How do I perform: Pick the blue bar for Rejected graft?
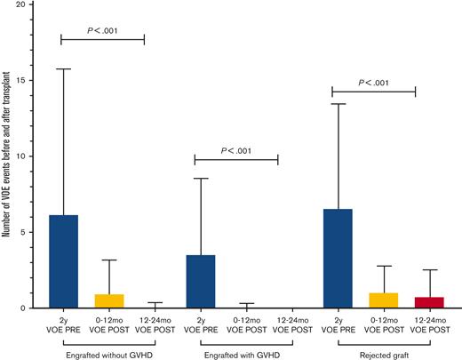tap(338, 258)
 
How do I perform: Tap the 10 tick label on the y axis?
tap(29, 156)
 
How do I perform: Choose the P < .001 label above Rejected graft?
tap(373, 82)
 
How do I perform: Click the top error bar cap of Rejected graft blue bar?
tap(338, 104)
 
